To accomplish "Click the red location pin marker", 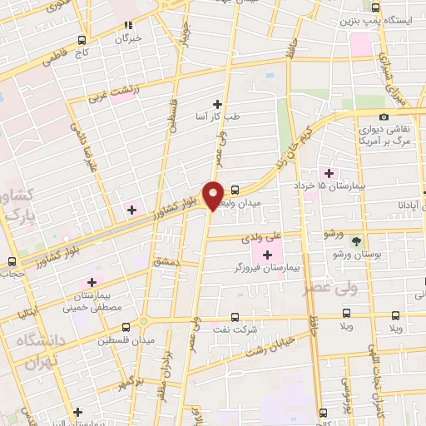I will [x=213, y=195].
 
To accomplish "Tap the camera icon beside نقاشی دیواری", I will [x=384, y=117].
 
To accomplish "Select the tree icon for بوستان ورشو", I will [x=357, y=241].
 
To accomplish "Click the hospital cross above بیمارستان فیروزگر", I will [x=267, y=255].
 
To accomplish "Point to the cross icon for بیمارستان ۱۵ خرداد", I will [x=329, y=173].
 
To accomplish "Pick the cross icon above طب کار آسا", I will [x=218, y=104].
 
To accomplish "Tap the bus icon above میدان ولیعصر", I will [x=235, y=190].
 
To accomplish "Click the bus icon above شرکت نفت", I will [x=235, y=316].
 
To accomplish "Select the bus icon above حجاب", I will [x=11, y=261].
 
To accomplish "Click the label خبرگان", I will [x=130, y=38].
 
